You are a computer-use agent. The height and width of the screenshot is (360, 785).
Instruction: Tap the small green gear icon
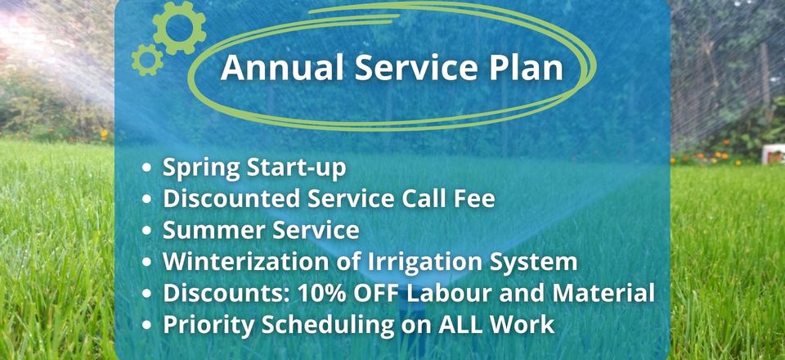(147, 60)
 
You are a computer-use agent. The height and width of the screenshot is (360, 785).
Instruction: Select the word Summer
(207, 231)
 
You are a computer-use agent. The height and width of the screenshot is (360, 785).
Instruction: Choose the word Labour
(449, 294)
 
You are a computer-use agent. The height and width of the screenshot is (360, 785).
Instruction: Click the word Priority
(209, 326)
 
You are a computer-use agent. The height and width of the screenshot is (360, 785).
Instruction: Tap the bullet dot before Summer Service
(146, 231)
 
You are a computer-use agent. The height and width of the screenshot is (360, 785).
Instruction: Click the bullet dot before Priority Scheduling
(146, 326)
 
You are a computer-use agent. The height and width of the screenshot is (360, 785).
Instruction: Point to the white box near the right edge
(773, 154)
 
